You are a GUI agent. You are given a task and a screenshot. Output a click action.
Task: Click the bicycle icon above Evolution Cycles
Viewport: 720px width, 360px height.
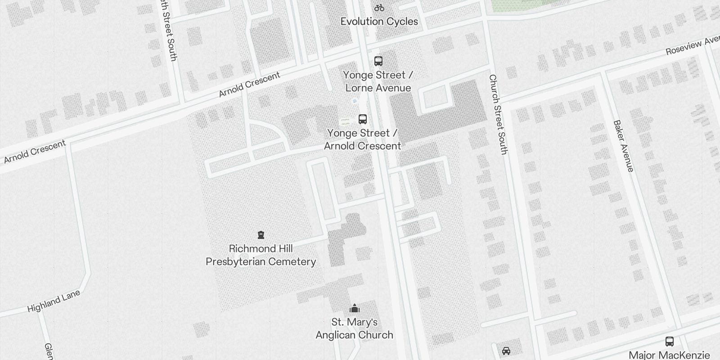[379, 8]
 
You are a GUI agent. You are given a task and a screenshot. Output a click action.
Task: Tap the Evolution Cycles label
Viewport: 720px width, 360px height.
[379, 21]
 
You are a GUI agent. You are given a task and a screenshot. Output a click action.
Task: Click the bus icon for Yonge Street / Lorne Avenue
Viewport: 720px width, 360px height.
[378, 61]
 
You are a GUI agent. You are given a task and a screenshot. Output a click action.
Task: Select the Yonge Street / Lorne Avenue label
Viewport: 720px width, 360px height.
[378, 81]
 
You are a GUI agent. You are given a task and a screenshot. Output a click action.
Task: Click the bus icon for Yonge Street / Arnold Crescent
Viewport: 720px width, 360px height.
[363, 119]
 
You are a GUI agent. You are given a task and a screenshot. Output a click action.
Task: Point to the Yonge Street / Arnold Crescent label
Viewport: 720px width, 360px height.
[362, 139]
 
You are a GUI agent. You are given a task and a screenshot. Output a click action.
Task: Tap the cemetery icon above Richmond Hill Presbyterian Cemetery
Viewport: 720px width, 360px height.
[261, 235]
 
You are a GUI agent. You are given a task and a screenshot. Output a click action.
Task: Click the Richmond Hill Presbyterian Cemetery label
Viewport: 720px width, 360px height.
[261, 255]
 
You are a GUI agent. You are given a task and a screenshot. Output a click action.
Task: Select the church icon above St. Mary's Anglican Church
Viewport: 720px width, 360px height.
[355, 309]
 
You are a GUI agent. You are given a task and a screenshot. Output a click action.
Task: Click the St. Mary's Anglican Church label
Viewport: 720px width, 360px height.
[355, 328]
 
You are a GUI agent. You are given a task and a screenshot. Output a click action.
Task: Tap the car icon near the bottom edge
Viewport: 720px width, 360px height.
[506, 351]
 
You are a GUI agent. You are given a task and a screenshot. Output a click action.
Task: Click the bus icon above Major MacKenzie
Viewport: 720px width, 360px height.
[670, 342]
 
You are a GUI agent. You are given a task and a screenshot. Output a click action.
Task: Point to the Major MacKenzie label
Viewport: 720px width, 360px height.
[669, 355]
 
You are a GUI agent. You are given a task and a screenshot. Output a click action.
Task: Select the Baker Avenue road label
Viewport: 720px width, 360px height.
[624, 146]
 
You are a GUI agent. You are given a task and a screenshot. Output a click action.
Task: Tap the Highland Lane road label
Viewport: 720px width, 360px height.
[54, 301]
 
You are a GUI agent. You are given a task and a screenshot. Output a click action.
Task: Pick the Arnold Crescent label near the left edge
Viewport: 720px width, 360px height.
[35, 152]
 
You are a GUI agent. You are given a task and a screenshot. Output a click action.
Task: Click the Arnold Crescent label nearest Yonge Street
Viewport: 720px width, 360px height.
[249, 84]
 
